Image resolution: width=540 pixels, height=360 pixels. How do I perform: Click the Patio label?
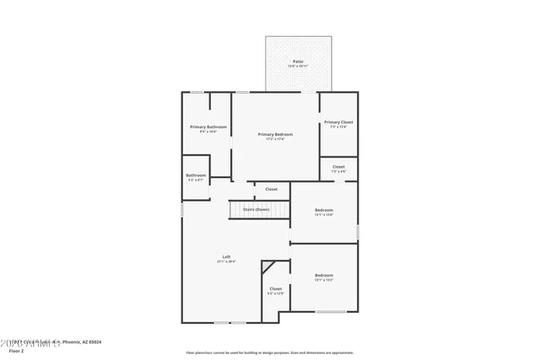pos(298,62)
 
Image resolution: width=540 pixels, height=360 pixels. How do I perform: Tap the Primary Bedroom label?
pos(276,135)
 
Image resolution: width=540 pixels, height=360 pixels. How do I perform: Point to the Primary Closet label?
pos(338,122)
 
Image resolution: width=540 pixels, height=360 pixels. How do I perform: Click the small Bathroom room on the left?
pos(196,177)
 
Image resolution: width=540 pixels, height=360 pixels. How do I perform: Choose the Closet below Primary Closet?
pos(338,168)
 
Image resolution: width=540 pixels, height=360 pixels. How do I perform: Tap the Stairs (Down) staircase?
pos(256,209)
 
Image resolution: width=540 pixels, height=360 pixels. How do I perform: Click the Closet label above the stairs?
pos(271,189)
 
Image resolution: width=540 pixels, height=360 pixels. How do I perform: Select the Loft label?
pos(226,256)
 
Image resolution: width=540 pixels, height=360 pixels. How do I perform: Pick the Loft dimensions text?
pos(226,262)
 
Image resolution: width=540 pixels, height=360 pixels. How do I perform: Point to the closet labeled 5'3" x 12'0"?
pos(276,291)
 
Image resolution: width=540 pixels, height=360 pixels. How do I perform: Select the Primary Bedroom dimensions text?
pos(276,140)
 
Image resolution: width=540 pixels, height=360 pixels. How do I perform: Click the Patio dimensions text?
pos(298,67)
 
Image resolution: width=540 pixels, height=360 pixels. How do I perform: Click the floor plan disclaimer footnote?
pos(270,352)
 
